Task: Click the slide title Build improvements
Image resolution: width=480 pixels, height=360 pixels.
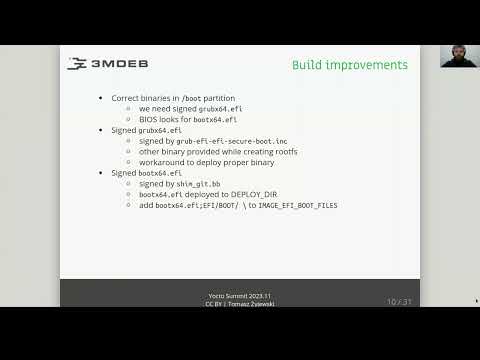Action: (349, 65)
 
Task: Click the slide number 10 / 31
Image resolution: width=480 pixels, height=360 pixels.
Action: (400, 301)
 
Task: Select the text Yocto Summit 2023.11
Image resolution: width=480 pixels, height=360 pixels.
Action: (239, 296)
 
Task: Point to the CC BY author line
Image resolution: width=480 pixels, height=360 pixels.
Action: (239, 304)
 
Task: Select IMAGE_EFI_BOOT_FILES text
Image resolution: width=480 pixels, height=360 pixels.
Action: (298, 205)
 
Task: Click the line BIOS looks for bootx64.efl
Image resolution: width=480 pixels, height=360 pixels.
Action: (188, 119)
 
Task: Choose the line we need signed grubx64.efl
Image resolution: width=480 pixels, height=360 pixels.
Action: (191, 108)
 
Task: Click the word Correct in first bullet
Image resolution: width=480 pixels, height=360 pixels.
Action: (125, 97)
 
